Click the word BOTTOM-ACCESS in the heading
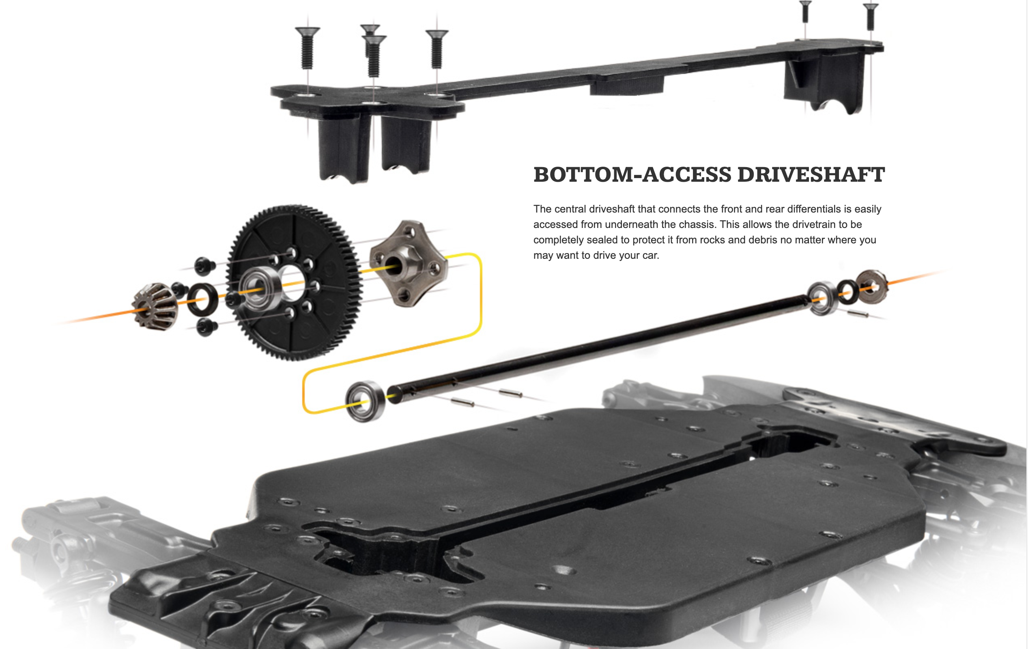tap(632, 175)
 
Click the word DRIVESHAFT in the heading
tap(811, 175)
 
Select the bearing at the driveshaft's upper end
tap(822, 298)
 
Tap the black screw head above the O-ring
tap(204, 265)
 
